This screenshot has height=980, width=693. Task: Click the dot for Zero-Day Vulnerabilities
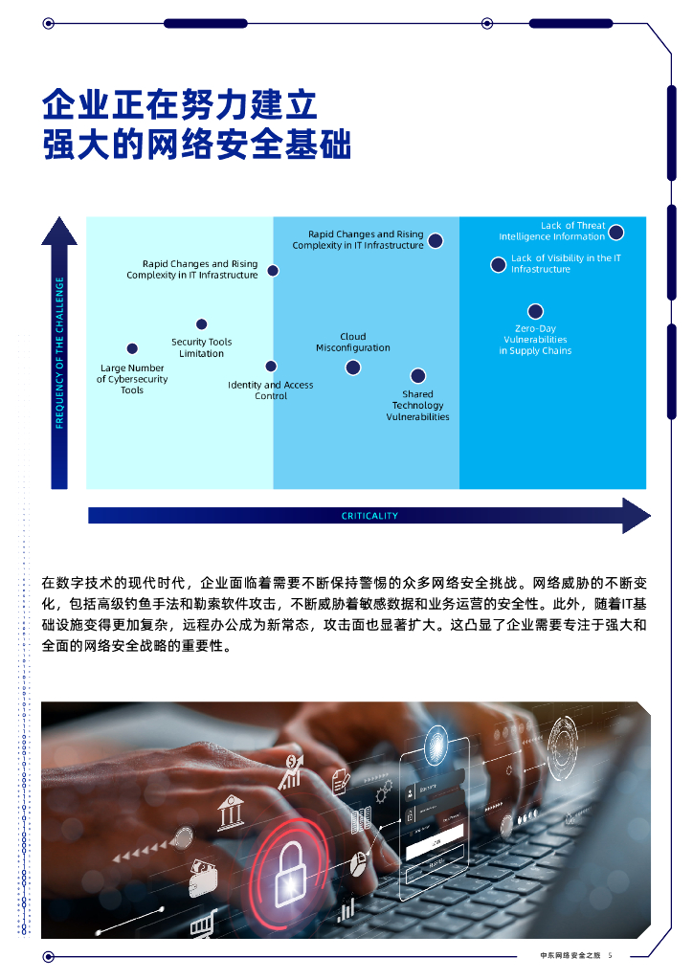pos(535,311)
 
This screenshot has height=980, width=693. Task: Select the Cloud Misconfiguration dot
pos(353,367)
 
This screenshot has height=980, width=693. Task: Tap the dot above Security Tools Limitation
pos(201,324)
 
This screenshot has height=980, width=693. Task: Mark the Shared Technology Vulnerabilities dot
pos(417,376)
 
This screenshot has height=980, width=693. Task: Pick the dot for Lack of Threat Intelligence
pos(616,232)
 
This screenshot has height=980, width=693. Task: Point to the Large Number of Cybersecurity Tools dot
pos(132,348)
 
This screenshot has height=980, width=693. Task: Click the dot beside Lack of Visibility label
pos(498,265)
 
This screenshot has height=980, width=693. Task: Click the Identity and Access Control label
pos(270,390)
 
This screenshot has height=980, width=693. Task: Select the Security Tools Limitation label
pos(201,347)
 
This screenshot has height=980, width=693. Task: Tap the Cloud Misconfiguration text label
pos(353,343)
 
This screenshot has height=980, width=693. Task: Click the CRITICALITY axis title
pos(369,516)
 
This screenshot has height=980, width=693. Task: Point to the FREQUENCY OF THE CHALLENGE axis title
pos(59,352)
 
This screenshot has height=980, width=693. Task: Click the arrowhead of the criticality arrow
pos(636,516)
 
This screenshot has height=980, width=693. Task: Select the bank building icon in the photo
pos(231,815)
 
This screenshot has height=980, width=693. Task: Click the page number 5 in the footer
pos(610,955)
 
